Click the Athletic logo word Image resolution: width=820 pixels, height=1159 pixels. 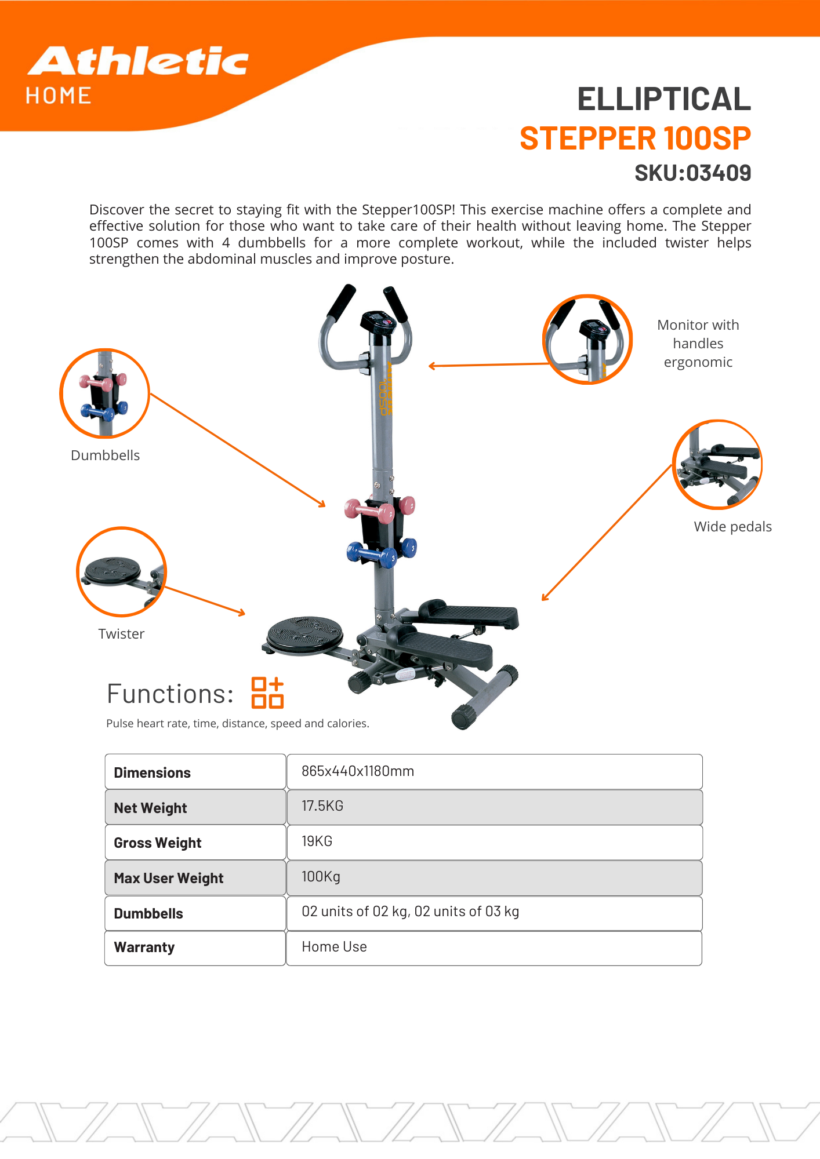[138, 61]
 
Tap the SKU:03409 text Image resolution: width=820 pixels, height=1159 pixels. [692, 173]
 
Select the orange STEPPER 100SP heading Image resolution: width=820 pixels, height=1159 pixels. [635, 139]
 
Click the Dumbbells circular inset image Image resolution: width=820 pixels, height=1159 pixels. [105, 393]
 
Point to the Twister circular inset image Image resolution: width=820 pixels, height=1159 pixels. [122, 571]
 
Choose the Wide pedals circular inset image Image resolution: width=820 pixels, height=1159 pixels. [717, 464]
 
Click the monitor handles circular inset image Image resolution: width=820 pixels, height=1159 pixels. [587, 340]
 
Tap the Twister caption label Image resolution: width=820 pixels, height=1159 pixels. [121, 634]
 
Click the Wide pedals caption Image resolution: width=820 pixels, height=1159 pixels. [732, 527]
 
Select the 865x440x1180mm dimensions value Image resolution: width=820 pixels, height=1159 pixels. [358, 771]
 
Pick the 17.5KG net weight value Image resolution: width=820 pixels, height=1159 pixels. [322, 806]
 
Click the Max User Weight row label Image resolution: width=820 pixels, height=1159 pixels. [169, 878]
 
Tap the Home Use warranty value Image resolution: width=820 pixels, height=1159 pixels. [334, 947]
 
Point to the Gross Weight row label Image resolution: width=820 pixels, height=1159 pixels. [158, 843]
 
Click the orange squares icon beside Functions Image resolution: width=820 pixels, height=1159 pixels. [267, 693]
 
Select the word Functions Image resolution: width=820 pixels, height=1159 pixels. [170, 694]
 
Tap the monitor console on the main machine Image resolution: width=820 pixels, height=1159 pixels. [378, 322]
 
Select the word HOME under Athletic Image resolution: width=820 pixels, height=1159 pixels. [59, 96]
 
